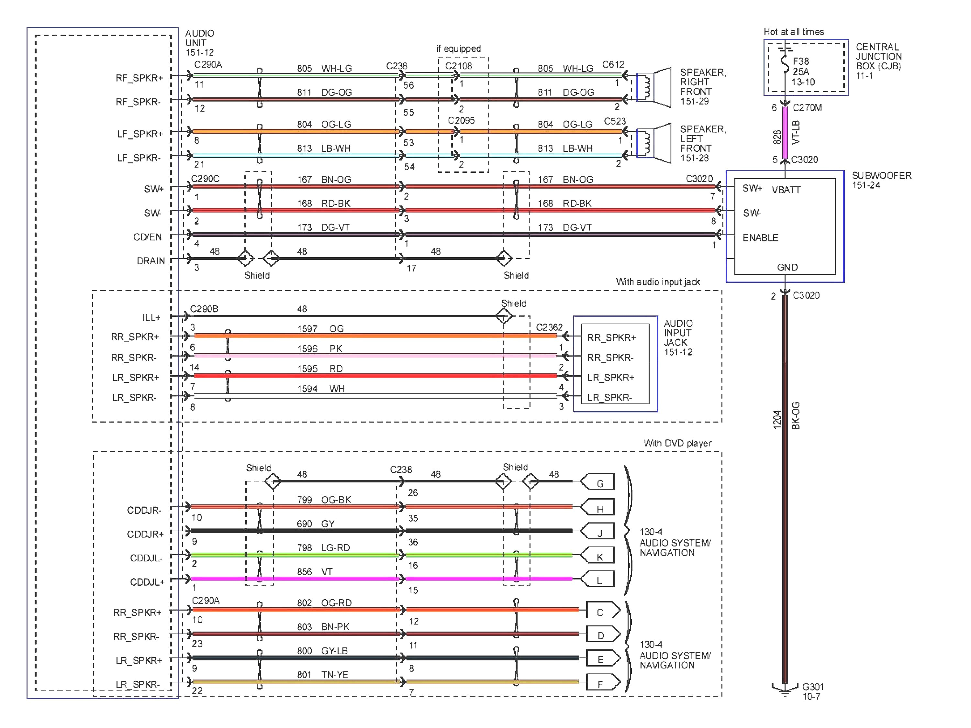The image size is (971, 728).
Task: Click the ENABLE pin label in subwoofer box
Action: click(760, 238)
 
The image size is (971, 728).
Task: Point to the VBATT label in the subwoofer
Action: click(786, 190)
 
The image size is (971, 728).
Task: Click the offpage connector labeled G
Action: click(598, 483)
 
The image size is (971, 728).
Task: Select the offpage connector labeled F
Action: click(602, 683)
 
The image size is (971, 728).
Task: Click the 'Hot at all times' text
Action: click(793, 32)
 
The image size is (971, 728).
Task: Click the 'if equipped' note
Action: click(458, 48)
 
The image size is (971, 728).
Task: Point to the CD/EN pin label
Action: click(148, 237)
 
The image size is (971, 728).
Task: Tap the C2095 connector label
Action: click(461, 120)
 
